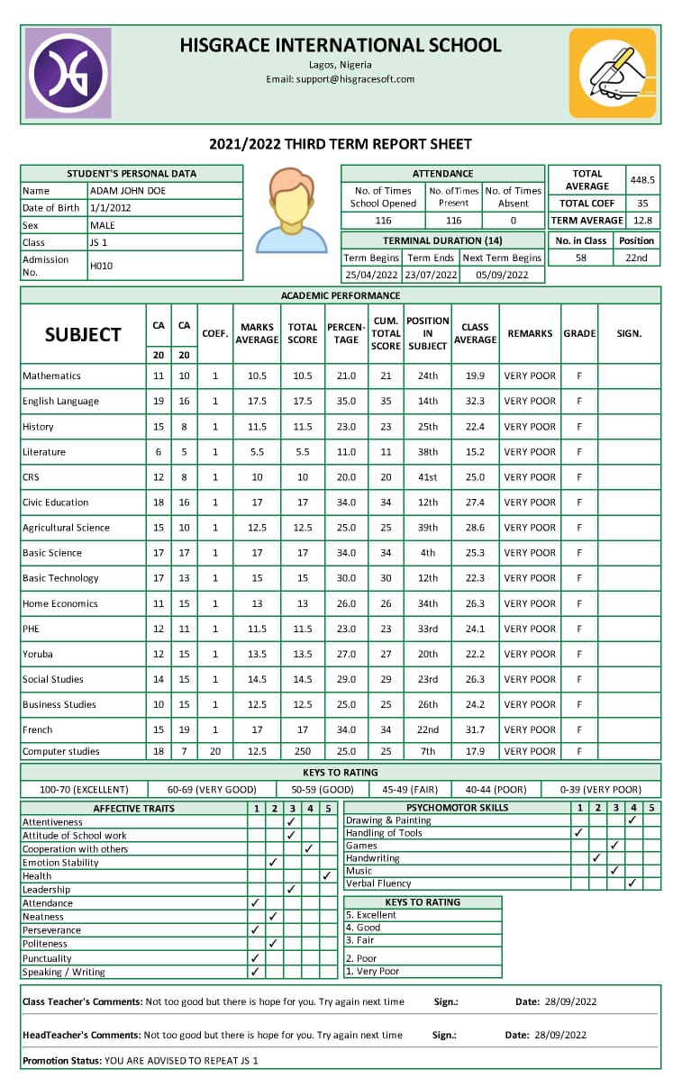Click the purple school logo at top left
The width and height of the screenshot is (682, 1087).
(x=68, y=73)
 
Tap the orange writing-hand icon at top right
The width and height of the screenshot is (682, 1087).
(x=612, y=73)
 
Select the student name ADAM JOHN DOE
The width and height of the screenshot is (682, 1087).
(x=127, y=191)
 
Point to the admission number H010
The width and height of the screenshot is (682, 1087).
(x=101, y=266)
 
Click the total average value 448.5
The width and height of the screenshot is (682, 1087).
(x=643, y=180)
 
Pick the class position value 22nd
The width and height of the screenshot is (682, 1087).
(x=636, y=258)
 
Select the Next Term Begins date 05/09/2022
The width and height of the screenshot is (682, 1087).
(x=502, y=276)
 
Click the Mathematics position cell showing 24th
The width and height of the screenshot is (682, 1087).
(x=428, y=376)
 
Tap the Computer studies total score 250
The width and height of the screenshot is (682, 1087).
(x=303, y=751)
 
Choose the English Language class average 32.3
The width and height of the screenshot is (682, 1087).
(x=475, y=402)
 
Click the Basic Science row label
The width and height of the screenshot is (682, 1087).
(x=52, y=553)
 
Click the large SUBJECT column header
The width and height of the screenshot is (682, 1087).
(x=83, y=334)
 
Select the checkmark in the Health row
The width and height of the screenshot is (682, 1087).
(x=326, y=875)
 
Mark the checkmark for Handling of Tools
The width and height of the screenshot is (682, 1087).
(x=577, y=833)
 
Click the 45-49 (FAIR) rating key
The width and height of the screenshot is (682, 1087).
(x=411, y=790)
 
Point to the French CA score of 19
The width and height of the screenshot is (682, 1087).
(x=184, y=729)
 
